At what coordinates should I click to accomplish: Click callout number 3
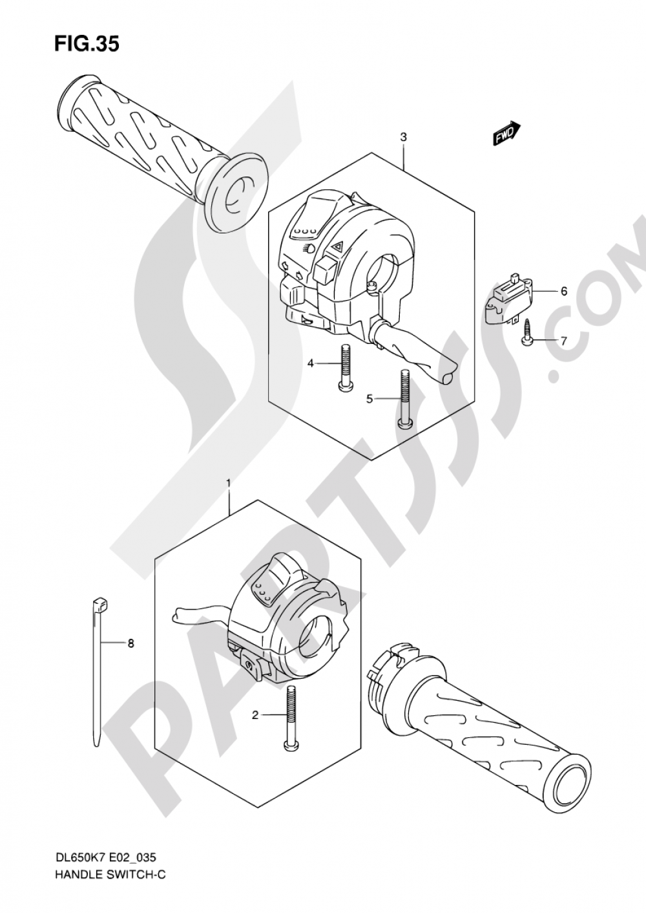coord(403,137)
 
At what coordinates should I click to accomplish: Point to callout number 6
coord(564,292)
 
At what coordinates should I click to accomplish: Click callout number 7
coord(563,341)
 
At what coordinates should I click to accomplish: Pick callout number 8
coord(130,643)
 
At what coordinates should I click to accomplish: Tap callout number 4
coord(310,363)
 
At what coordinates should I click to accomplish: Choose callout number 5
coord(370,400)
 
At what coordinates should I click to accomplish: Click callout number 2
coord(255,715)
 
